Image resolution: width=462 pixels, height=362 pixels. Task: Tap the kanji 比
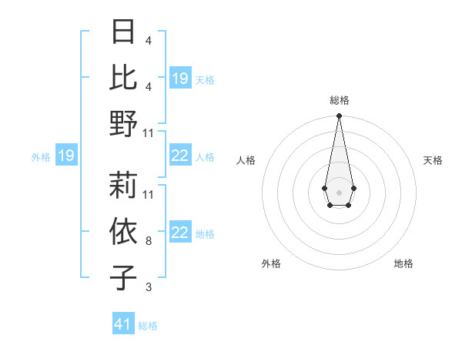(123, 77)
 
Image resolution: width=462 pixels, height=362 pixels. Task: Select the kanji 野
(123, 123)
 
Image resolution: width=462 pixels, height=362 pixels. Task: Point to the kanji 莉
(123, 185)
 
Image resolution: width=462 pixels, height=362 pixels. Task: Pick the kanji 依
(123, 231)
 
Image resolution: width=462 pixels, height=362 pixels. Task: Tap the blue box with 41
(123, 324)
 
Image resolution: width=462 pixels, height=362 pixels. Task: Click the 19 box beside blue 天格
(180, 79)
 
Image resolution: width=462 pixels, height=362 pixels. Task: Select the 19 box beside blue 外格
(65, 156)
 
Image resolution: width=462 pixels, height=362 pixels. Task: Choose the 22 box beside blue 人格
(180, 156)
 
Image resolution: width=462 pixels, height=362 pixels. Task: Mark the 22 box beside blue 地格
(180, 233)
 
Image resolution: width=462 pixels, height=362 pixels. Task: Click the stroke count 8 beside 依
(148, 241)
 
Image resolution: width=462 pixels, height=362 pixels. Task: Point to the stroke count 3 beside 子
(148, 287)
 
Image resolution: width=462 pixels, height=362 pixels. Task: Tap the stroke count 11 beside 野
(149, 133)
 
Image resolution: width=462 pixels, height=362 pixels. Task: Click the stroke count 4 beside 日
(148, 40)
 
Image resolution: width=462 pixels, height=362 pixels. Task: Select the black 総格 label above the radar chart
(339, 100)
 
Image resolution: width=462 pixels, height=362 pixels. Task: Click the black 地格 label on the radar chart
(403, 263)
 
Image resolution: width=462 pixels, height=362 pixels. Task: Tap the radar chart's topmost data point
(339, 116)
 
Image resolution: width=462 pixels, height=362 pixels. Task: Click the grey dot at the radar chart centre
(339, 191)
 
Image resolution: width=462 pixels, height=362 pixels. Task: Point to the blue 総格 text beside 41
(148, 326)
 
